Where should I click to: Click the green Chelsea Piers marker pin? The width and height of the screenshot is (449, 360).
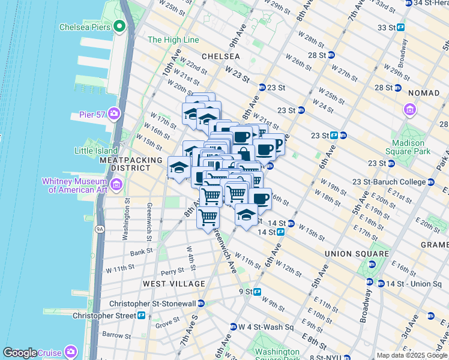[x=119, y=26]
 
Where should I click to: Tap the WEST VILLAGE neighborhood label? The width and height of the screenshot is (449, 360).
[x=167, y=283]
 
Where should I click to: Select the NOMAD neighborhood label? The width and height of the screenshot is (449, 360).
[x=424, y=93]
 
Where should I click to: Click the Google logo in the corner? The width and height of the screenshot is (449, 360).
[x=20, y=353]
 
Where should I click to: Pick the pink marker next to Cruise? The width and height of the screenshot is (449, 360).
[x=71, y=351]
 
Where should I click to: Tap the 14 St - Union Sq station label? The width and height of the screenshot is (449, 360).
[x=414, y=283]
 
